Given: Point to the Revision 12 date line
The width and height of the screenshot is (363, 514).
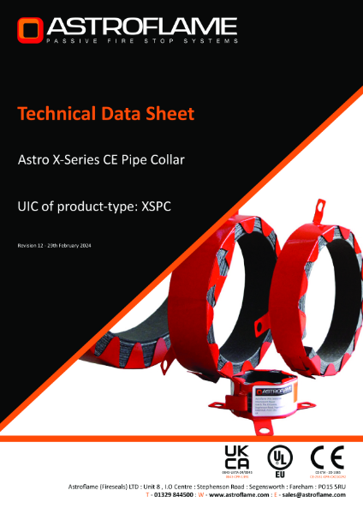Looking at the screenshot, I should coord(54,246).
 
